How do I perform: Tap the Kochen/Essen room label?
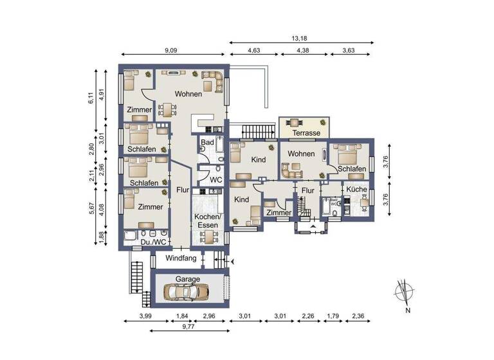tap(208, 221)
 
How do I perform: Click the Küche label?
tap(356, 190)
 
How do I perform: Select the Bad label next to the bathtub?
tap(207, 142)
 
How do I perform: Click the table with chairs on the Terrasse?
tap(296, 122)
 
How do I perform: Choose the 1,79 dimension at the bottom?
tap(333, 316)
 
